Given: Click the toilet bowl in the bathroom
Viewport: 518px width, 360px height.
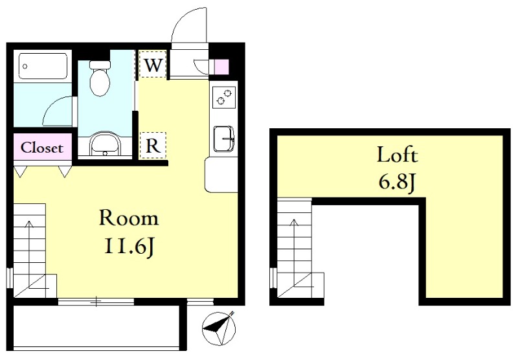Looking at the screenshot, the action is pos(100,78).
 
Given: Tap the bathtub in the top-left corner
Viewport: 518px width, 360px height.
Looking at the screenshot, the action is pos(43,66).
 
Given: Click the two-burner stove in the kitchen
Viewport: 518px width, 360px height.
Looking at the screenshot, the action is pos(223,97).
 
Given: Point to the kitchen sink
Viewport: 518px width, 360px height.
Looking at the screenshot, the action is pos(224,139).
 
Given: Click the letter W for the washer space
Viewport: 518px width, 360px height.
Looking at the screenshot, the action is pos(153,65).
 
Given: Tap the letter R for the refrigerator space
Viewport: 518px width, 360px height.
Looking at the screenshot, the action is pos(153,145).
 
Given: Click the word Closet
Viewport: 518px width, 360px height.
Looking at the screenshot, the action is pos(42,148).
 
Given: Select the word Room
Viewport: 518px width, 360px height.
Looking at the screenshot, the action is pos(129,218).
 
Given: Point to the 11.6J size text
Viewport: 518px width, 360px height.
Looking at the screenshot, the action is pos(129,247).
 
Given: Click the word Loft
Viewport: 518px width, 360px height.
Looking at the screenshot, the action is pos(398,155).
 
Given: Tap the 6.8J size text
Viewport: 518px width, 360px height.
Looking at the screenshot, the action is pos(396,182).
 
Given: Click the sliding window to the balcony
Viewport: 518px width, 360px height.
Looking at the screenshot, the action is pos(96,301).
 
